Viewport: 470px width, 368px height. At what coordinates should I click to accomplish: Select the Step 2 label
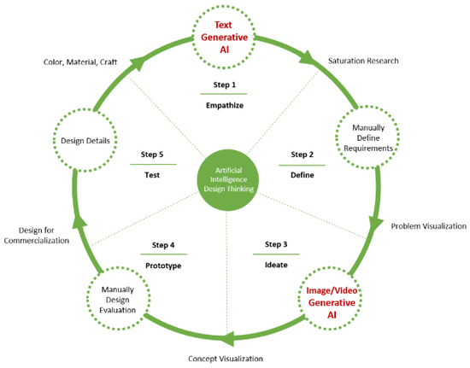tap(302, 155)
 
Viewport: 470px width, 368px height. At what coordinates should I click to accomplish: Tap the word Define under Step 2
tap(302, 175)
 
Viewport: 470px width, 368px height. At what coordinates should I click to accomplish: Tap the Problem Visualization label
tap(428, 226)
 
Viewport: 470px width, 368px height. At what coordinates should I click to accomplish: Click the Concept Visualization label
tap(226, 359)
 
